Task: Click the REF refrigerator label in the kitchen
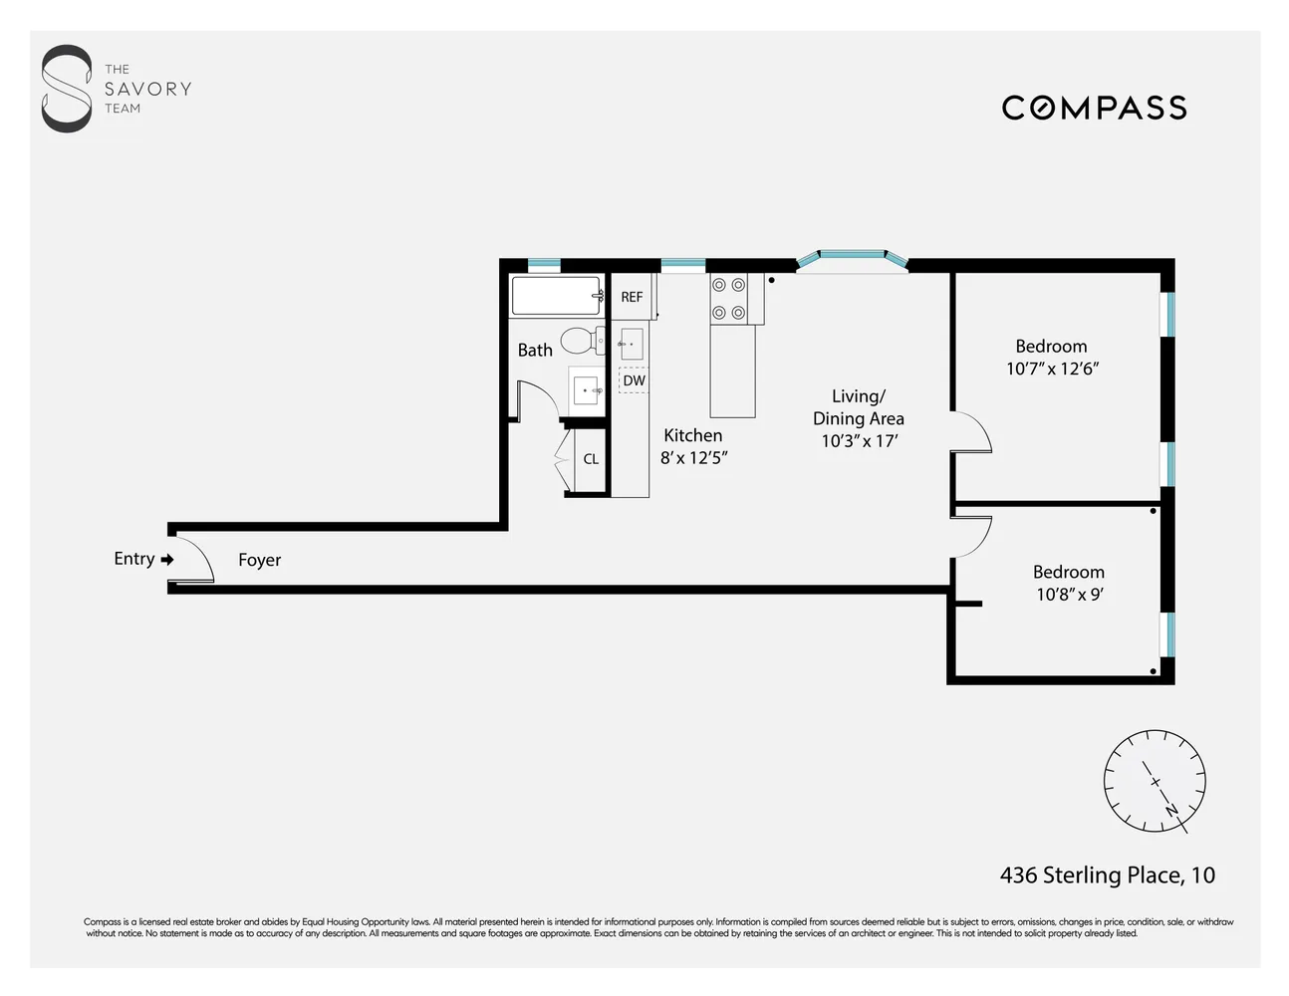pos(632,297)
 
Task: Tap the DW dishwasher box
pos(634,380)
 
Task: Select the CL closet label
pos(591,459)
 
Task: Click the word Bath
pos(535,351)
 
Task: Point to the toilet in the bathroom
pos(582,341)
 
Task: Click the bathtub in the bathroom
pos(557,296)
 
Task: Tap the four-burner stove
pos(729,299)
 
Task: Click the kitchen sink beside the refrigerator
pos(631,344)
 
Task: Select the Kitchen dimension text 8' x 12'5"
pos(694,458)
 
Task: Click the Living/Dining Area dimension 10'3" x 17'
pos(859,441)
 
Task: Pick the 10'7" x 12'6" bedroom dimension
pos(1052,369)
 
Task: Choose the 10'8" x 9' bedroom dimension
pos(1069,595)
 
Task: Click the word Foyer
pos(259,561)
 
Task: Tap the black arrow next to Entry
pos(167,560)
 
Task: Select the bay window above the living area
pos(853,259)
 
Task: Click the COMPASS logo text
pos(1094,108)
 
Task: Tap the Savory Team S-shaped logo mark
pos(66,89)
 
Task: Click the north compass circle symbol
pos(1155,781)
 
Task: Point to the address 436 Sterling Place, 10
pos(1107,875)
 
